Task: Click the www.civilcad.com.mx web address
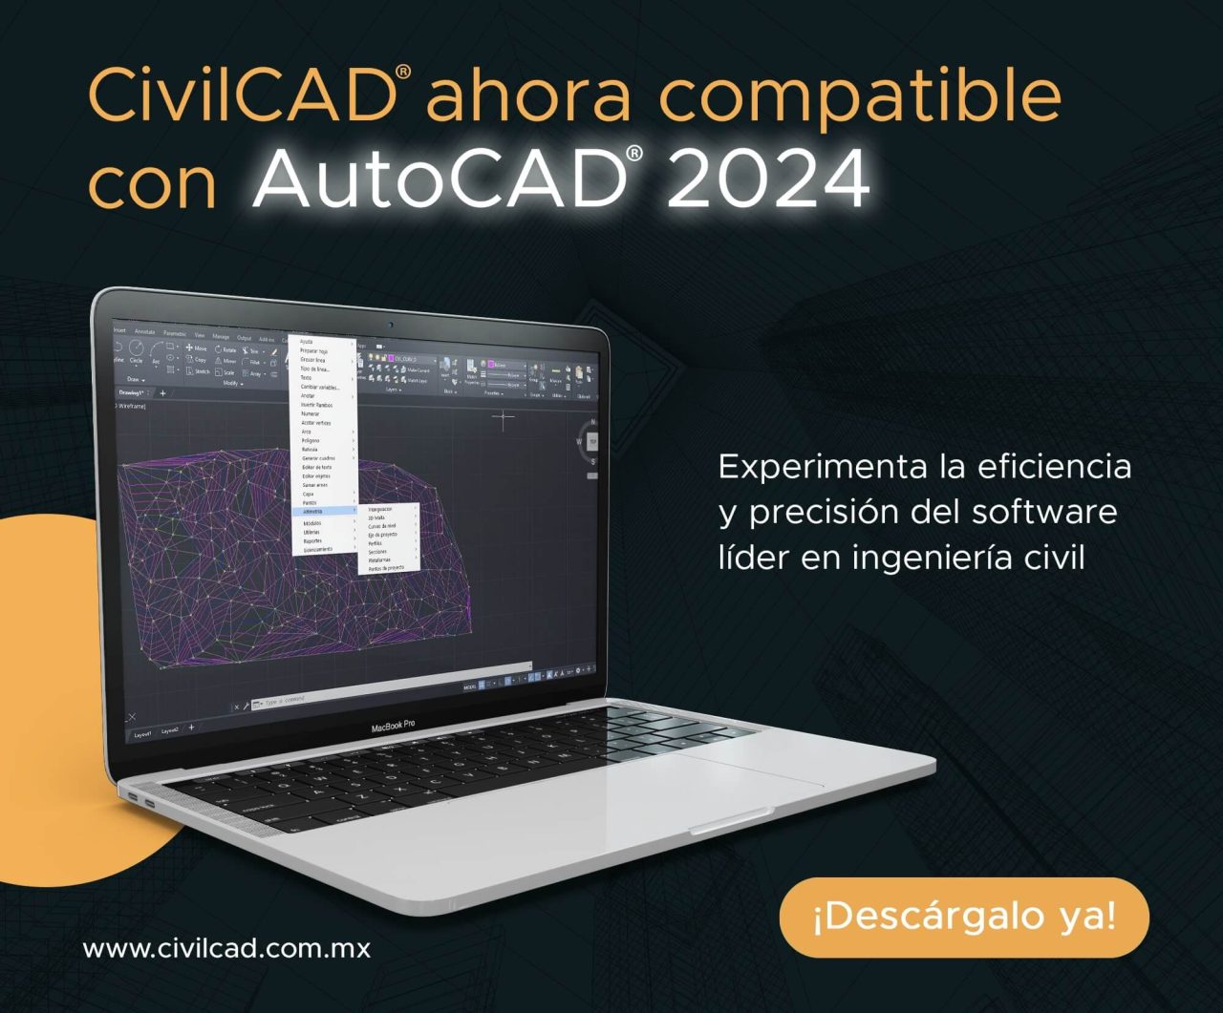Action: click(x=226, y=949)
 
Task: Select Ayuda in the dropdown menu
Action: click(x=307, y=341)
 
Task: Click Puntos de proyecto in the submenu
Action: click(x=386, y=568)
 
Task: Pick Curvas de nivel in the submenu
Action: click(x=382, y=526)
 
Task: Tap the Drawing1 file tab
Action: click(x=132, y=392)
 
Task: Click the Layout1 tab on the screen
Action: click(x=143, y=734)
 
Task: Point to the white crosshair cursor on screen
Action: click(x=504, y=417)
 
